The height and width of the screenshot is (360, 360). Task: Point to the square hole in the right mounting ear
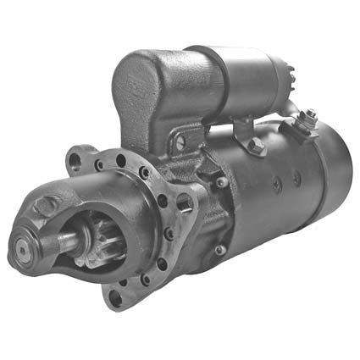[x=185, y=202]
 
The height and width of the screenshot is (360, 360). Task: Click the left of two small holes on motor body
[x=275, y=183]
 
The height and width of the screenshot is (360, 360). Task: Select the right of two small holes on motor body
[x=296, y=179]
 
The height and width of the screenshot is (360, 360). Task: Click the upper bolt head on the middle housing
[x=222, y=181]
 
